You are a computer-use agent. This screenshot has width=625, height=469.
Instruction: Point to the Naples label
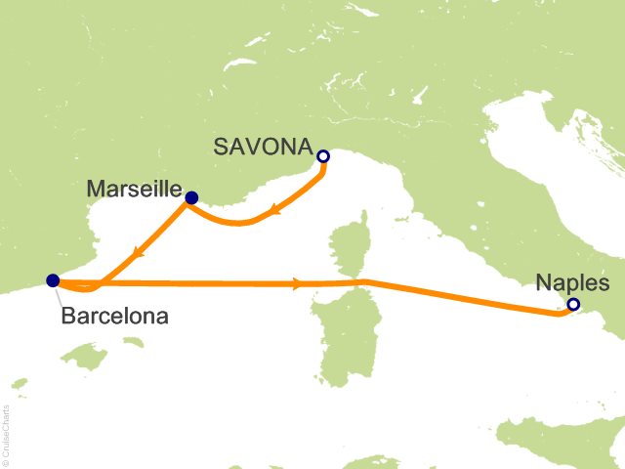point(573,283)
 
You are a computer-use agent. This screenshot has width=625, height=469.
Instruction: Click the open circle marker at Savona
point(323,155)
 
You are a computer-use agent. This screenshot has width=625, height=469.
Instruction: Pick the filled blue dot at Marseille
point(191,198)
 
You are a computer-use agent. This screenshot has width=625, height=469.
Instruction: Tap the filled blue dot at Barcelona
point(52,280)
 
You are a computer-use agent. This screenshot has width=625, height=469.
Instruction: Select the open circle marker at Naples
point(573,305)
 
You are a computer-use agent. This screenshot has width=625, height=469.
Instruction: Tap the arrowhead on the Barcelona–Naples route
point(295,284)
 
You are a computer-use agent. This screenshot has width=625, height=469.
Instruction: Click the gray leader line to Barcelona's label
point(59,293)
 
